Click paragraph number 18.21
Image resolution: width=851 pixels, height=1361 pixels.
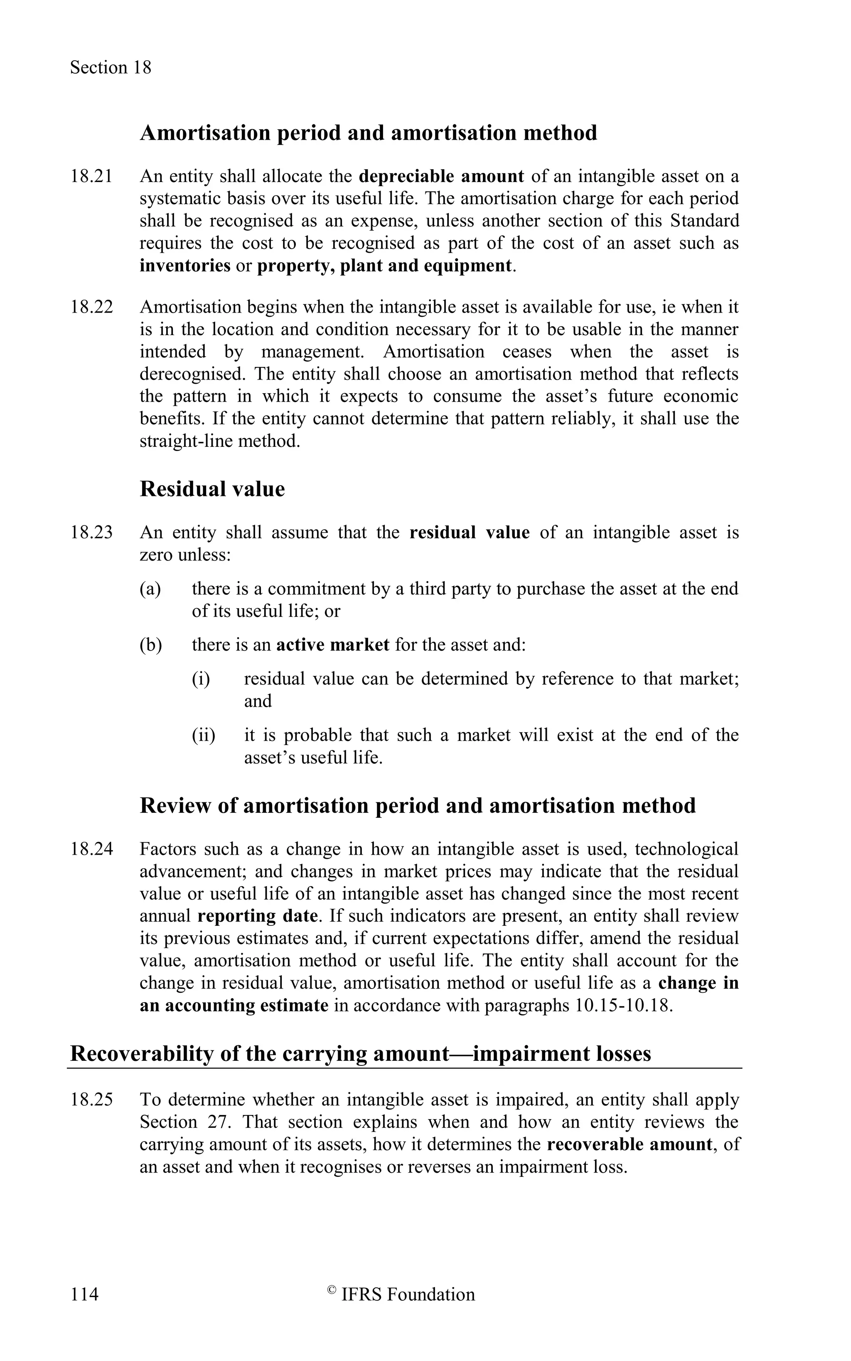[x=91, y=176]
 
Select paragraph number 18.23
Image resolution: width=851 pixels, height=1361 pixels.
[x=91, y=532]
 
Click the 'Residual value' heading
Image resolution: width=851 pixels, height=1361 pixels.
[x=212, y=489]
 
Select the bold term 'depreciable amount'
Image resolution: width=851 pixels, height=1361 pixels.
[x=441, y=176]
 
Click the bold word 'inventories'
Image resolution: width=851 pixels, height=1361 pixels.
[x=185, y=265]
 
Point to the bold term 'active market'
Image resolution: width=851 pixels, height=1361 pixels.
[x=333, y=644]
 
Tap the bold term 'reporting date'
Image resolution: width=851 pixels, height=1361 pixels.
[x=258, y=916]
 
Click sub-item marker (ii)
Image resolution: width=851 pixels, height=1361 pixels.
[x=203, y=735]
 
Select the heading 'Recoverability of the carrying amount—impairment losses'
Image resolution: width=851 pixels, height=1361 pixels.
[x=360, y=1053]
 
